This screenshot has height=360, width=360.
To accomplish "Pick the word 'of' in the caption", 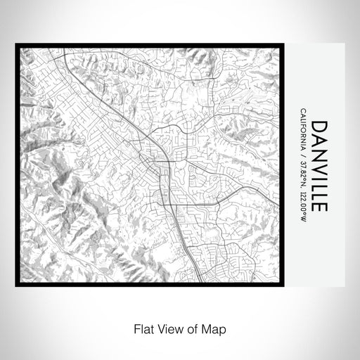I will point(191,328).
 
